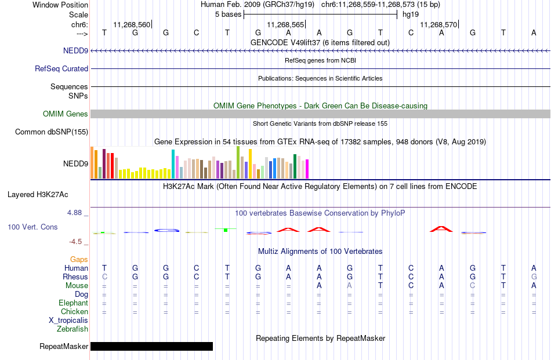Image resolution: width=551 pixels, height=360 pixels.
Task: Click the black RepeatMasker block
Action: (151, 346)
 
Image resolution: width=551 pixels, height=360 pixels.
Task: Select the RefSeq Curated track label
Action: (61, 68)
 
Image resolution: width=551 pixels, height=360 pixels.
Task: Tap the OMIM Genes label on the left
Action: (66, 114)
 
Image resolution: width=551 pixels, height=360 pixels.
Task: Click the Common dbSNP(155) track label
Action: (52, 132)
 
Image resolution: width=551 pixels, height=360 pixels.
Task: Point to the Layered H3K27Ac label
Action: (38, 195)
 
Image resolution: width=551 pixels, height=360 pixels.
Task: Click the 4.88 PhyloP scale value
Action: (74, 213)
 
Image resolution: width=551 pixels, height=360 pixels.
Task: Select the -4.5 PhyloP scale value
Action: (75, 242)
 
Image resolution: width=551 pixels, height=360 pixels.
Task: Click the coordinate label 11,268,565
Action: (285, 24)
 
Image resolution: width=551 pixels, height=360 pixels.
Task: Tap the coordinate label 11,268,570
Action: (438, 24)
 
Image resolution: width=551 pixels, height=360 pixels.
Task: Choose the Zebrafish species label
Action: (72, 329)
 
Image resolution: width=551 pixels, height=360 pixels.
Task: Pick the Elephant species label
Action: (74, 303)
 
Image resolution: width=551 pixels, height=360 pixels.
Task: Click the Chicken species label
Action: (74, 311)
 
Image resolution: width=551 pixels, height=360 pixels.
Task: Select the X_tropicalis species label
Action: (68, 321)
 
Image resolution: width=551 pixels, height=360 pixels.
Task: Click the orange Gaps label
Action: (79, 259)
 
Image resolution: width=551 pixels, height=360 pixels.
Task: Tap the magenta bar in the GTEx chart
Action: (307, 169)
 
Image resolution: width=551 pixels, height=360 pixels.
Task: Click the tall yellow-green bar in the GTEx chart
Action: (238, 163)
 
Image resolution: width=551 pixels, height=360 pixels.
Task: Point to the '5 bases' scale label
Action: (229, 14)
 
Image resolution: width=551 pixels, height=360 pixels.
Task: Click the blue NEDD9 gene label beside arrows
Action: (75, 50)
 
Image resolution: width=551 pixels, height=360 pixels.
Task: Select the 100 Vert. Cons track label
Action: (32, 227)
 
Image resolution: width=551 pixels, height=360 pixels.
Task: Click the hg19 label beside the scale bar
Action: (411, 14)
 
